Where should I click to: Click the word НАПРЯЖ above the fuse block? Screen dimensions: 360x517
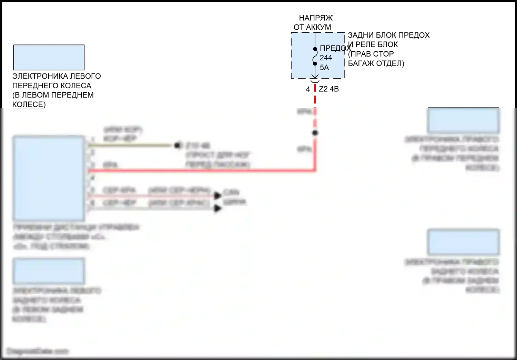click(315, 18)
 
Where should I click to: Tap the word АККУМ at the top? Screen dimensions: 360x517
click(318, 27)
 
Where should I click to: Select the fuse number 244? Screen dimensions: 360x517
click(326, 58)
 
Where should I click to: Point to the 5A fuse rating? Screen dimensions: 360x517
click(324, 68)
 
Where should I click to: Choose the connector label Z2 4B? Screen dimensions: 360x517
click(329, 89)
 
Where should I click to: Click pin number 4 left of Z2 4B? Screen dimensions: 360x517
click(308, 89)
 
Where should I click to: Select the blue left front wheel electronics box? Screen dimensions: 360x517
click(49, 58)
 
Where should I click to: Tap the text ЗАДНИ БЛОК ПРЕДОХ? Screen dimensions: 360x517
click(388, 35)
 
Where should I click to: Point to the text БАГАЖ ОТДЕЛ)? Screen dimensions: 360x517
click(376, 63)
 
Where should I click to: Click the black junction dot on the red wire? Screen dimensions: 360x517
click(315, 133)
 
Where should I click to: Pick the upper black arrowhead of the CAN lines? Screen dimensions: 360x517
click(217, 196)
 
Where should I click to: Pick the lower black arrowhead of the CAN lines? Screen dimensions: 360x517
click(217, 208)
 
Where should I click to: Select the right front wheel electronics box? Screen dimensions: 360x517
click(463, 121)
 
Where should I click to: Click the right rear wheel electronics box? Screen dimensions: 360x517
click(463, 242)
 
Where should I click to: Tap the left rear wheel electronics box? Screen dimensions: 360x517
click(49, 271)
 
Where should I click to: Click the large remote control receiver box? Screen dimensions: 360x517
click(49, 178)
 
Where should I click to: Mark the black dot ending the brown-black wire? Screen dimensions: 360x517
click(178, 146)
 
